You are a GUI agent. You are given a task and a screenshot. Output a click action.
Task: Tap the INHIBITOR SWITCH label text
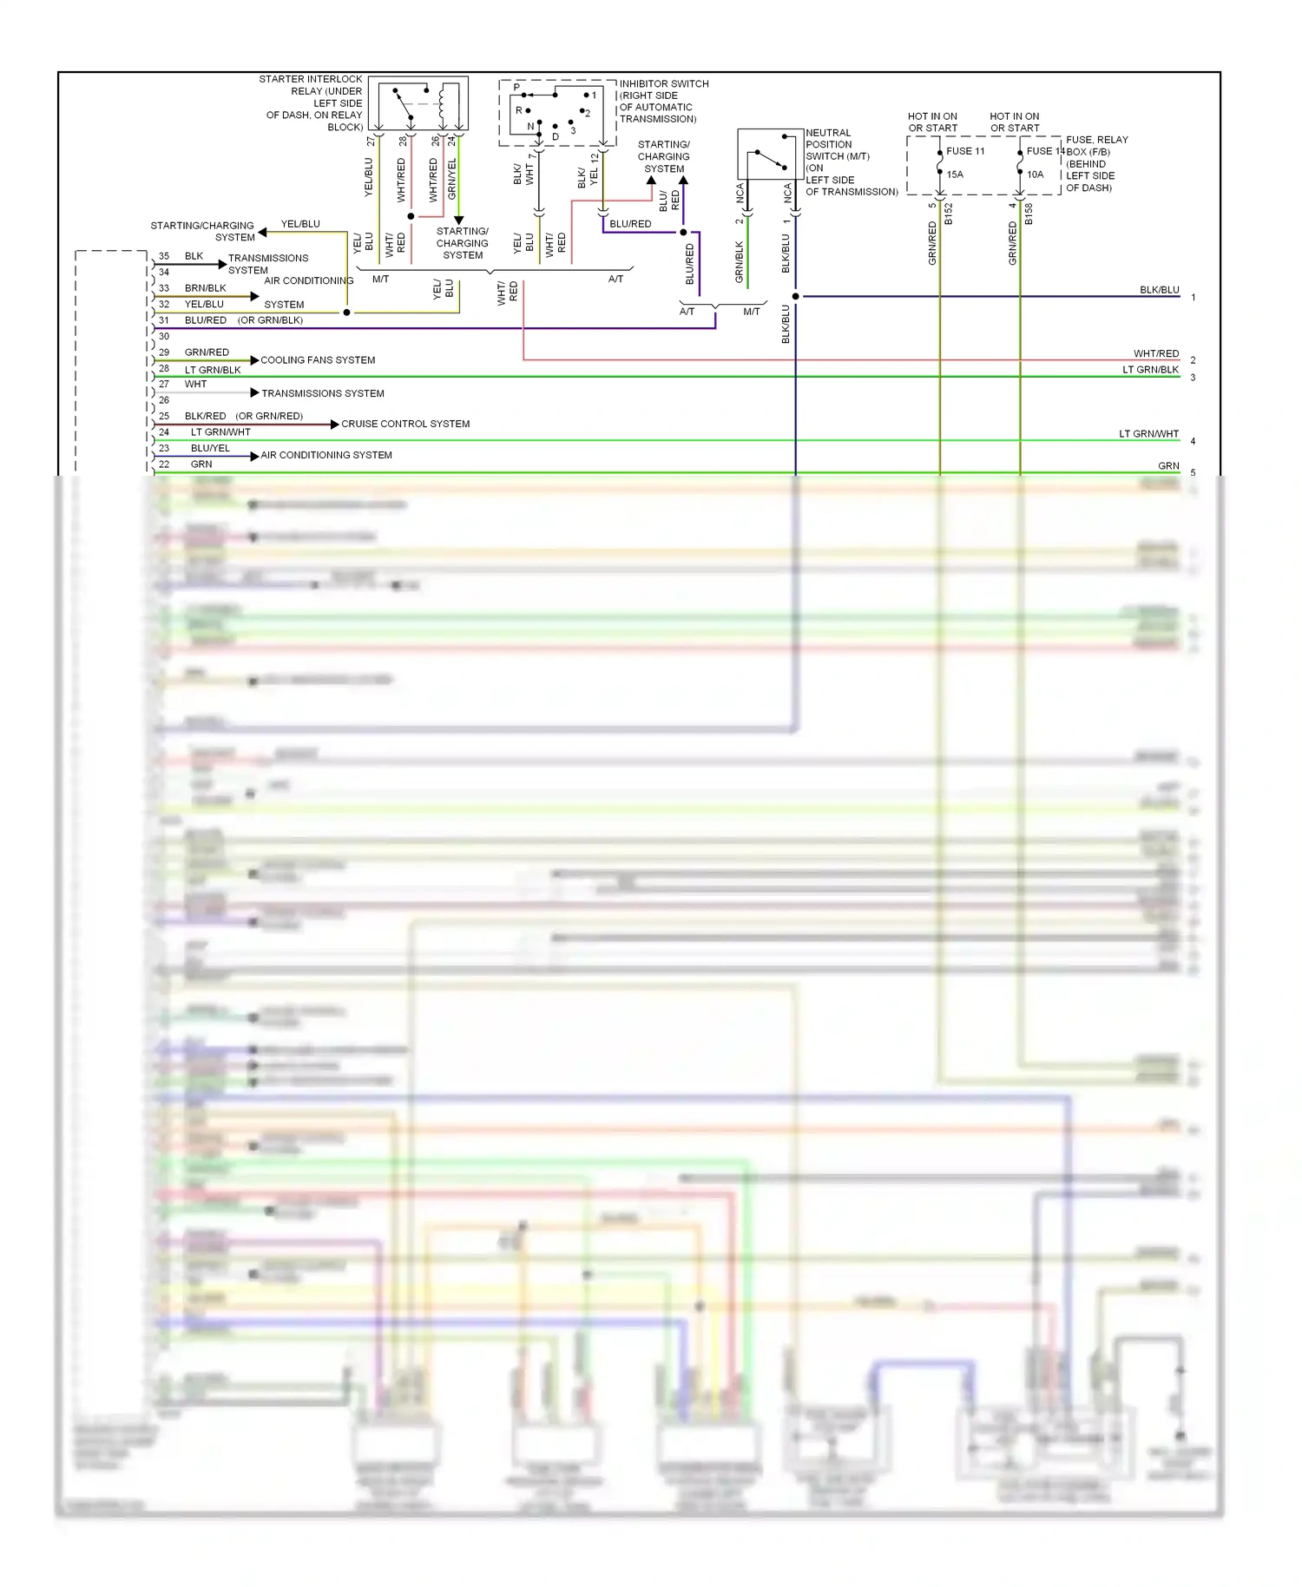(x=663, y=84)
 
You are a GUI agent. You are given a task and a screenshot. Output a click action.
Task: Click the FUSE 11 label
(x=965, y=151)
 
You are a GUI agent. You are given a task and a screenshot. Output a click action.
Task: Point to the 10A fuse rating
(x=1035, y=175)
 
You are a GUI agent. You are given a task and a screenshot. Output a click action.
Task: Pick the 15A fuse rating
(x=955, y=175)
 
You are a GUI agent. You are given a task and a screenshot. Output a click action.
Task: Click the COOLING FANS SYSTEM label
(x=318, y=360)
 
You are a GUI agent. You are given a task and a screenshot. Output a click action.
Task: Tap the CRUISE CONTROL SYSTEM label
(x=405, y=424)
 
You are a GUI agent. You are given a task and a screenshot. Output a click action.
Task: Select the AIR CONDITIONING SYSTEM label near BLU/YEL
(x=326, y=455)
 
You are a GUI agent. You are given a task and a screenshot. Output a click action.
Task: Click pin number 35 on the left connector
(x=164, y=256)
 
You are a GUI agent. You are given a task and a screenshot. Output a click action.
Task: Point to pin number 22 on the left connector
(x=164, y=464)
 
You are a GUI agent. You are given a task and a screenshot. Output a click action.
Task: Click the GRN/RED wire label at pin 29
(x=207, y=352)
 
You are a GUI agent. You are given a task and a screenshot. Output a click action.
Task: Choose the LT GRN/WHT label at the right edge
(x=1148, y=434)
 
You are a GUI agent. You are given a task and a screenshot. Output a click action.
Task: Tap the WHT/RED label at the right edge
(x=1156, y=353)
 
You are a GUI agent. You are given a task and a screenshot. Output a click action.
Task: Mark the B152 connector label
(x=949, y=214)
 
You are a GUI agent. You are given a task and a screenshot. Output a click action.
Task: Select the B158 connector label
(x=1029, y=214)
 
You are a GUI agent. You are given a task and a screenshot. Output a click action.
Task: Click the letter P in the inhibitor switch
(x=516, y=88)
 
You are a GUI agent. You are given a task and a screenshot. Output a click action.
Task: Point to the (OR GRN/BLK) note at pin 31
(x=270, y=320)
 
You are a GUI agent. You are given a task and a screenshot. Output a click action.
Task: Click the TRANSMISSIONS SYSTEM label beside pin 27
(x=323, y=393)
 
